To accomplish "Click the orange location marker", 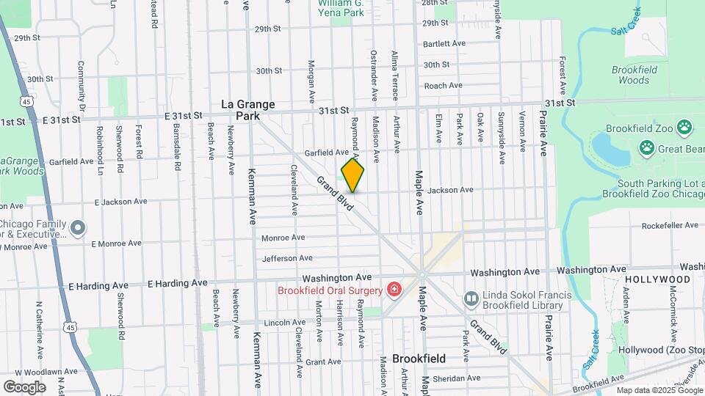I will [352, 175].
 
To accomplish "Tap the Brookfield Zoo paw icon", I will [684, 128].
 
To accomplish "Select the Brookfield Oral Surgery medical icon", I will [395, 290].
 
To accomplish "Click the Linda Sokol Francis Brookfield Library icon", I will [471, 299].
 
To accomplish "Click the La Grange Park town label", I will [248, 110].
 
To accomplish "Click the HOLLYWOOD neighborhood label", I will [657, 279].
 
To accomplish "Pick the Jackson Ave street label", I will [450, 190].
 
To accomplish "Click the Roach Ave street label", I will [443, 86].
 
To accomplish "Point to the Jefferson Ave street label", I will [287, 258].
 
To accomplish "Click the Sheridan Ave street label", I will [456, 378].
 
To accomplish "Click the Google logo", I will [23, 386].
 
